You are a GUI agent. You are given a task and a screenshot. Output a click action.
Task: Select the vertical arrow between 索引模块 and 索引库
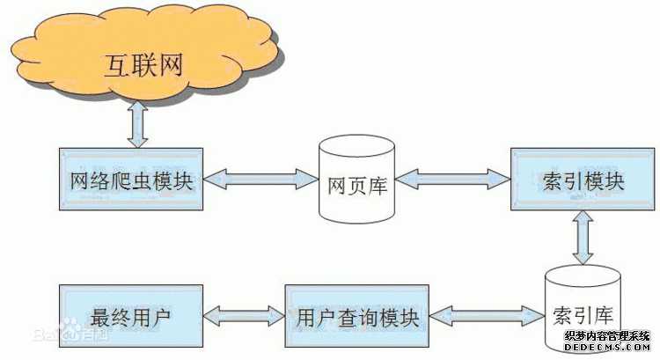(583, 238)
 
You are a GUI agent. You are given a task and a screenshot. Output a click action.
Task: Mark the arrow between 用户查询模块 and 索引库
(488, 315)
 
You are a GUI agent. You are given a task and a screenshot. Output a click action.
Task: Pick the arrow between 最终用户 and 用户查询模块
(244, 315)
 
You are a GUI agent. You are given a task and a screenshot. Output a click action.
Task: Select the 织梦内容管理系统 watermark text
(608, 336)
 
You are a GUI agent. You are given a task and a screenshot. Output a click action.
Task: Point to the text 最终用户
(131, 316)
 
